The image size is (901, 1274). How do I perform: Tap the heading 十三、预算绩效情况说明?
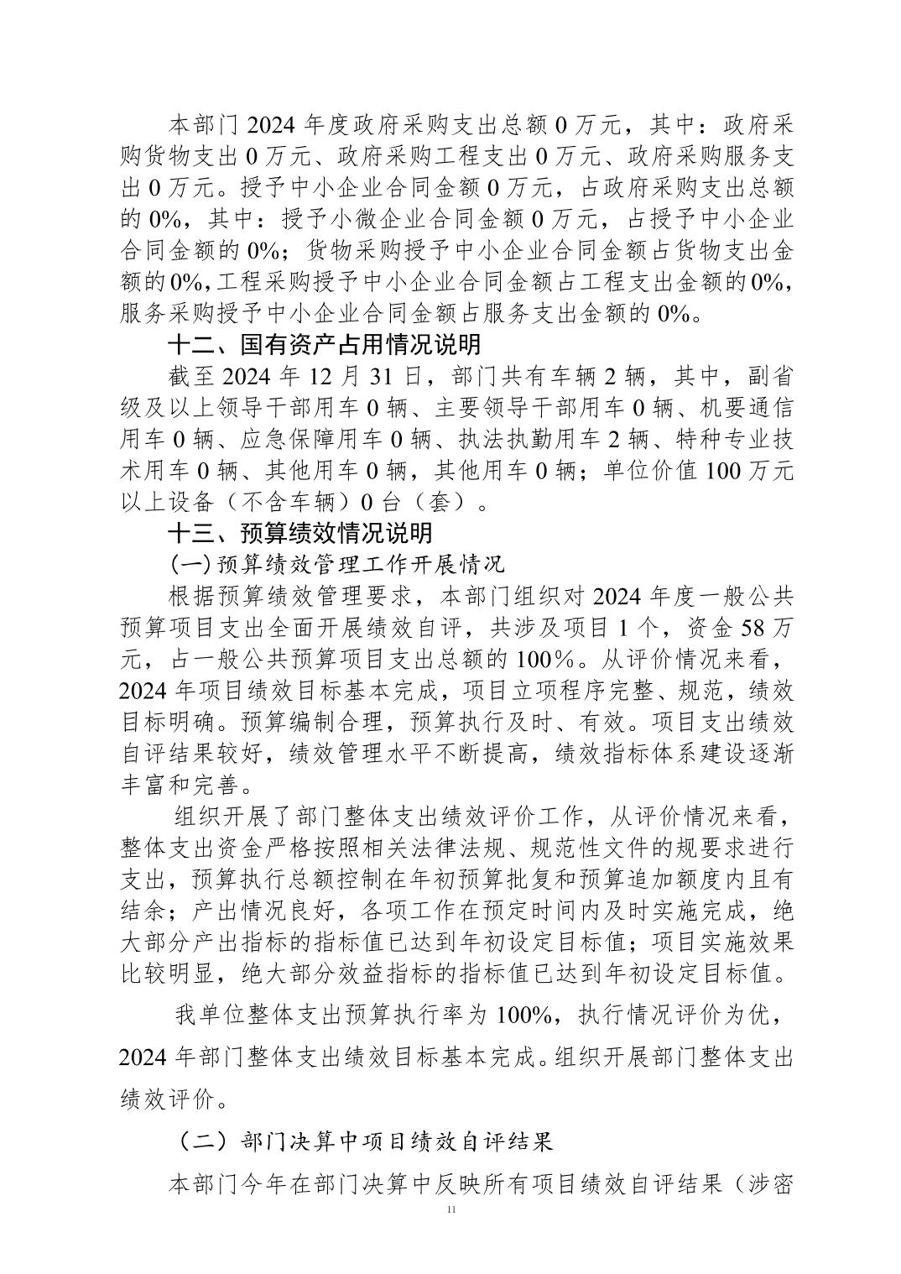[x=300, y=533]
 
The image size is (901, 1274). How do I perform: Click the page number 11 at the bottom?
[x=452, y=1209]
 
